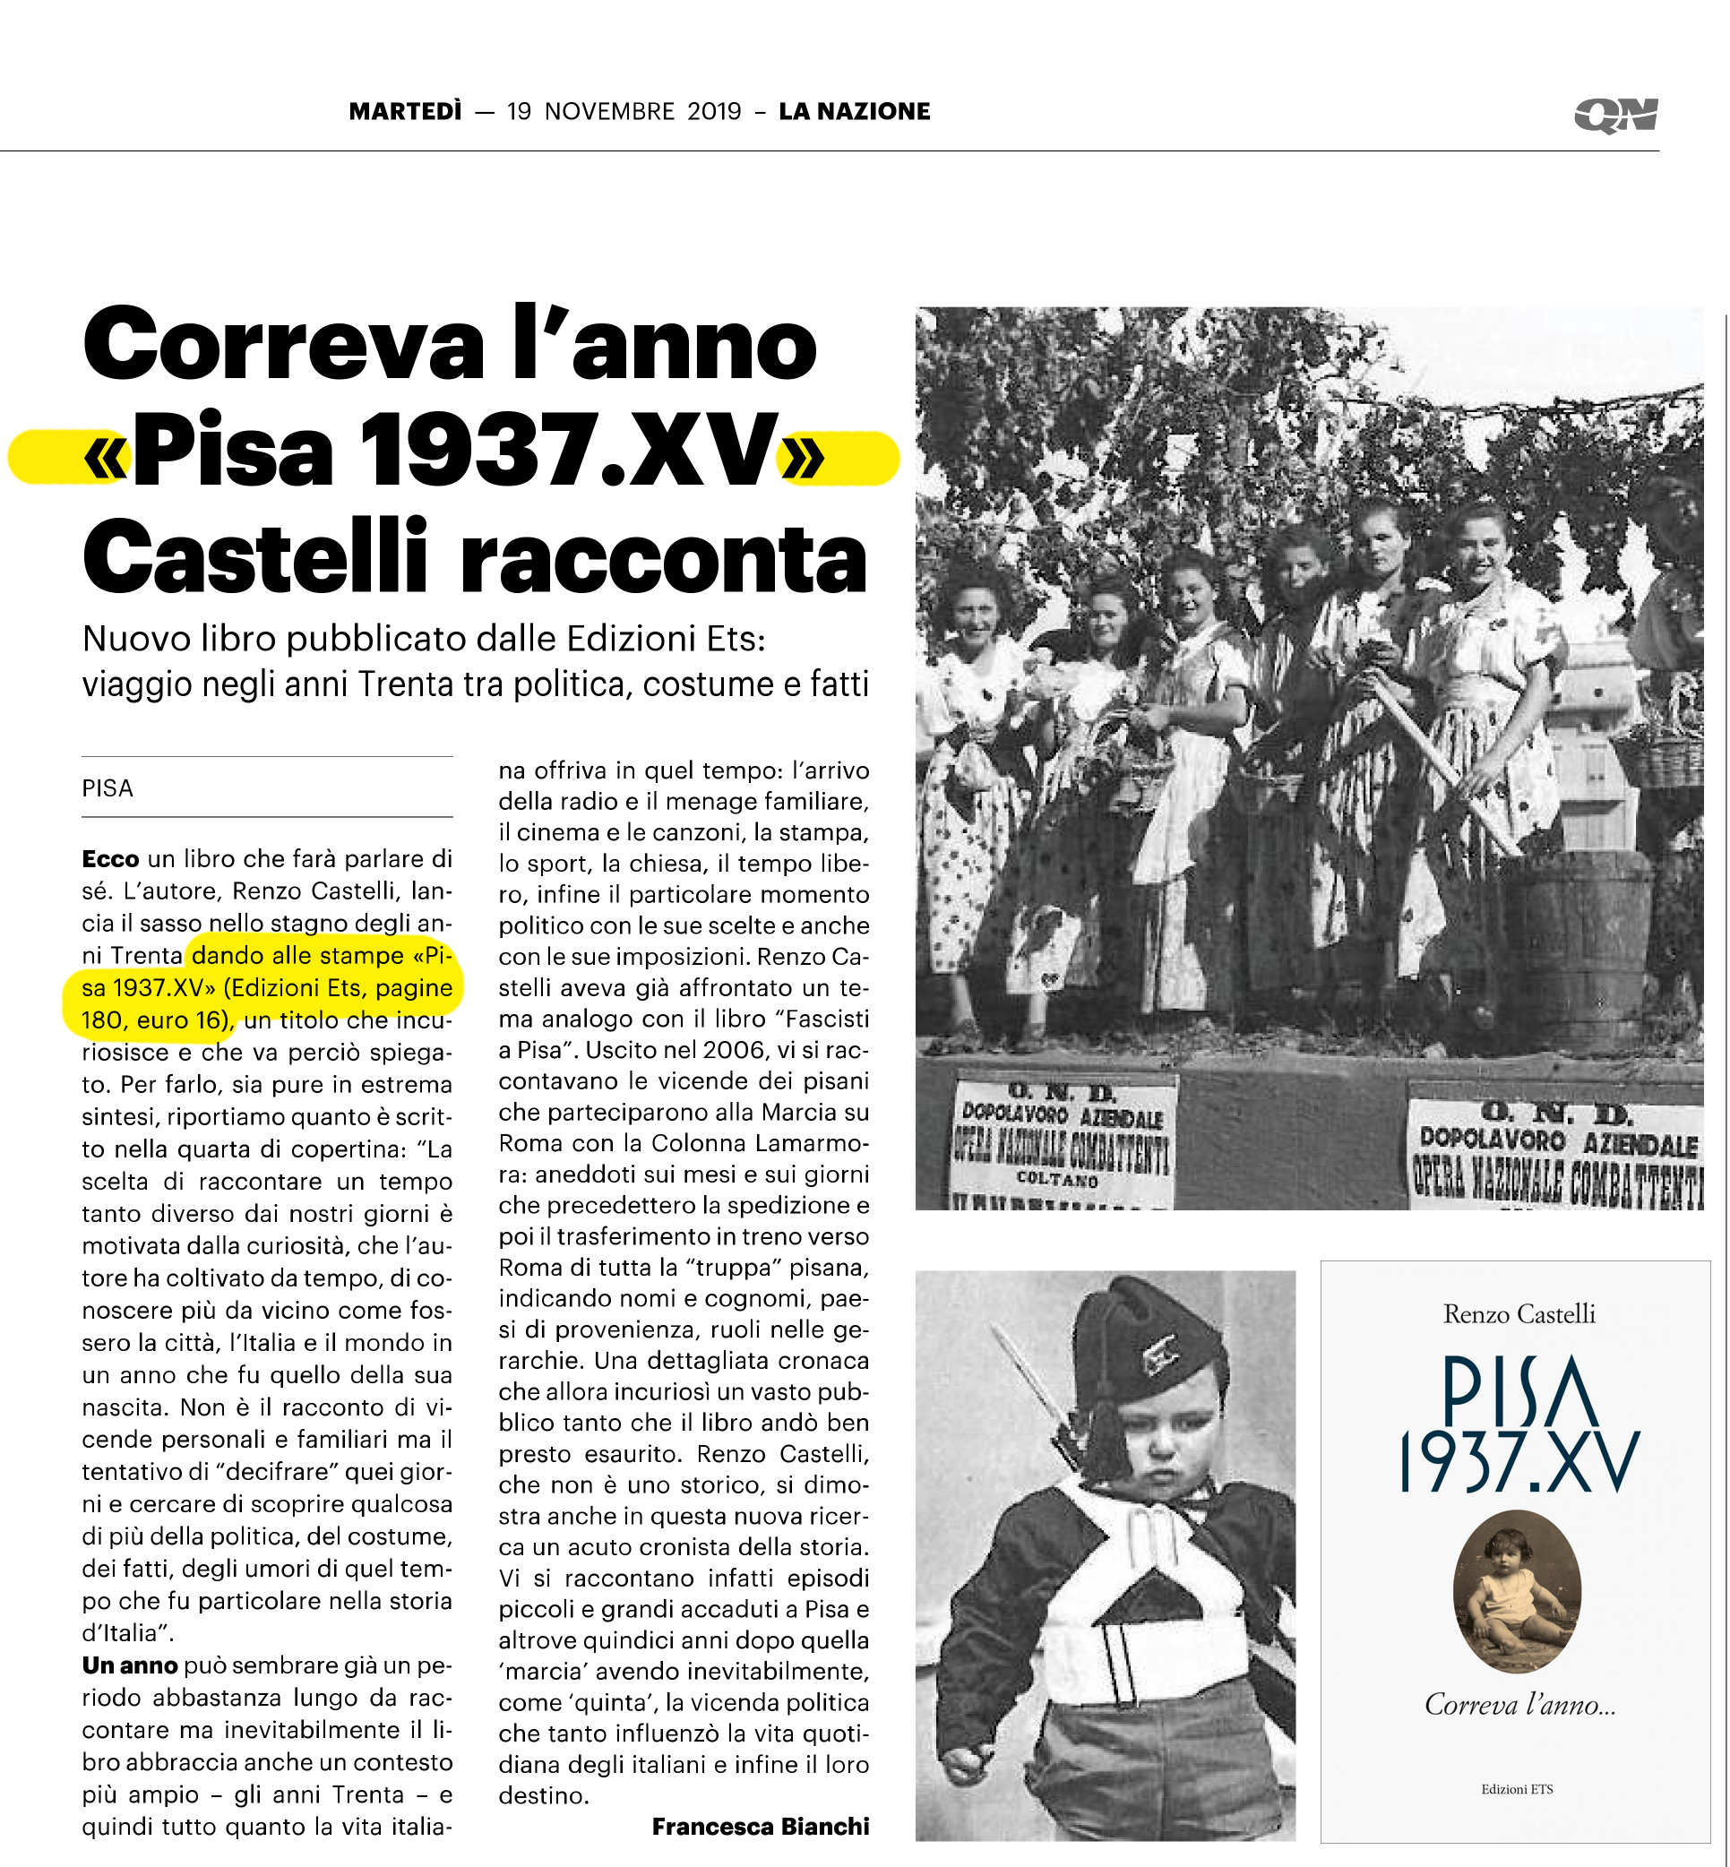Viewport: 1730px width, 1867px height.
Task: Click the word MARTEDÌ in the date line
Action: (x=405, y=111)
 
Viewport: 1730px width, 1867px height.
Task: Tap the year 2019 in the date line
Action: (x=714, y=111)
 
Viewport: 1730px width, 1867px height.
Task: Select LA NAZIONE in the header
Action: (x=855, y=111)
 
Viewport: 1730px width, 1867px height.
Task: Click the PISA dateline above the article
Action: (x=108, y=788)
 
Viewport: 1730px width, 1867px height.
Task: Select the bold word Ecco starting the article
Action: (x=110, y=858)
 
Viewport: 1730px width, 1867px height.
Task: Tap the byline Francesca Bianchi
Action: (x=760, y=1826)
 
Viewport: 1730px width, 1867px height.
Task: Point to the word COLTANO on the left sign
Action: (x=1057, y=1181)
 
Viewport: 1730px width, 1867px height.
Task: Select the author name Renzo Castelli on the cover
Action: (x=1519, y=1313)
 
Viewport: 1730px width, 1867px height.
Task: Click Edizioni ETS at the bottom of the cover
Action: (x=1517, y=1789)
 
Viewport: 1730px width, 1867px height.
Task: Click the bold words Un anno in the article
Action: (x=129, y=1665)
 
